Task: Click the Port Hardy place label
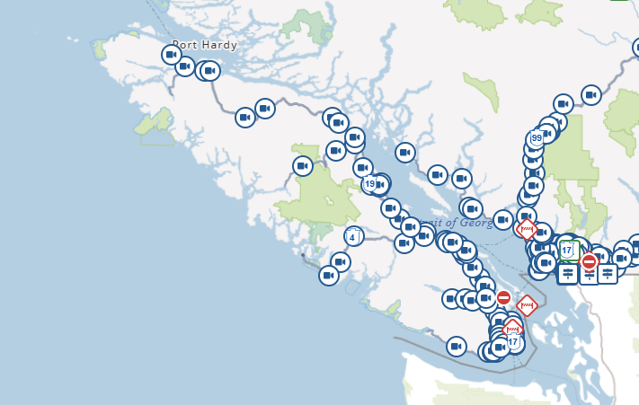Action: pos(205,45)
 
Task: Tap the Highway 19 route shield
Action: pos(370,183)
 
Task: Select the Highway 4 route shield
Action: pos(353,236)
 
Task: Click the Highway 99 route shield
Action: pos(537,137)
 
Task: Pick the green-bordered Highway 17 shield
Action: pos(567,249)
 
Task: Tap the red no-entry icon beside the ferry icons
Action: pos(589,261)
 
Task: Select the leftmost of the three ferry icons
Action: pos(568,273)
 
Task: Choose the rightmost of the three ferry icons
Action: pos(608,273)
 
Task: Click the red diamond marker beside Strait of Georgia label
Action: pos(527,228)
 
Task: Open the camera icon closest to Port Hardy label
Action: pos(172,55)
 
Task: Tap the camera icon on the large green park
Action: pos(303,166)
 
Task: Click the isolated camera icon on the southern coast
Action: pos(457,346)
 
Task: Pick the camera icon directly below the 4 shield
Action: pos(340,262)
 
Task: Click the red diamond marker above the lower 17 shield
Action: pos(512,328)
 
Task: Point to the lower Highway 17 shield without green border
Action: pos(513,342)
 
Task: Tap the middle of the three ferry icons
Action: pos(589,275)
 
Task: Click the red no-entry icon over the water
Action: pos(503,297)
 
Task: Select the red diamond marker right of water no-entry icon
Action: pos(528,305)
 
